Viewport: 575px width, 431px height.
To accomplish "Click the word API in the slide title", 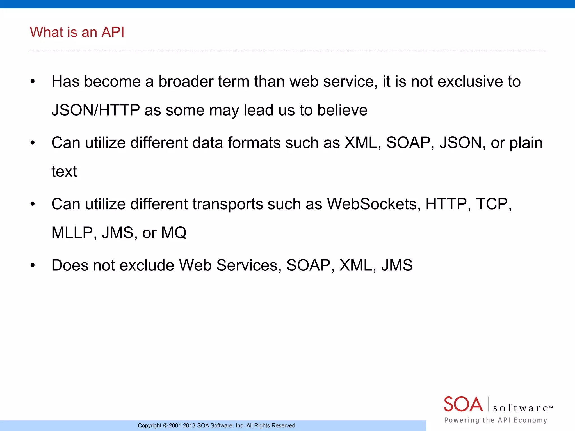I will click(x=113, y=32).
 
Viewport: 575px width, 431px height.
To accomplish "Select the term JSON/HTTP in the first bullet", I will click(x=95, y=110).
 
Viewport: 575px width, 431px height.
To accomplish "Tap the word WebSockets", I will click(x=374, y=204).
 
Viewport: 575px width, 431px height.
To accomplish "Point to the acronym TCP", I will click(x=493, y=204).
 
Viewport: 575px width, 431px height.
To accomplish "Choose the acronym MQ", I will click(x=174, y=233).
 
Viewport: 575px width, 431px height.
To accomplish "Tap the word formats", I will click(x=254, y=143).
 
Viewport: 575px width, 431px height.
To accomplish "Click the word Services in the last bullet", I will click(x=249, y=265).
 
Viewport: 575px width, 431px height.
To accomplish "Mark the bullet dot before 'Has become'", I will click(x=33, y=82).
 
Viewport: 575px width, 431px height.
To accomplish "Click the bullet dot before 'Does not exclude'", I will click(x=33, y=265).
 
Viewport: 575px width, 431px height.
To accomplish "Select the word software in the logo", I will click(x=521, y=408).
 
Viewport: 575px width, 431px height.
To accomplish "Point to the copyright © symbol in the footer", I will click(x=165, y=426).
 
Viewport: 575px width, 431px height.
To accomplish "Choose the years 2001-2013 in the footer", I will click(x=182, y=426).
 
